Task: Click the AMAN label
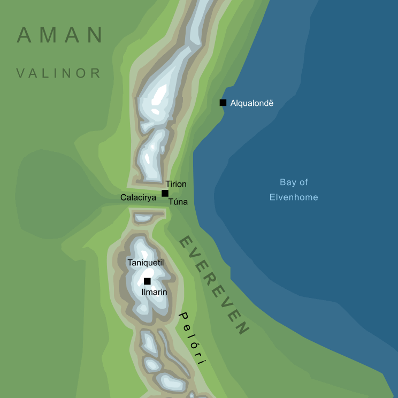(60, 35)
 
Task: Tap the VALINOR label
(59, 73)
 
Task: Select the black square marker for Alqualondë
(223, 103)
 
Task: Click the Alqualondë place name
(252, 103)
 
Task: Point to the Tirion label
(176, 184)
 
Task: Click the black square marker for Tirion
(165, 193)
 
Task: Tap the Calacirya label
(138, 197)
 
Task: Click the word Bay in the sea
(287, 182)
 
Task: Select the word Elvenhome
(294, 197)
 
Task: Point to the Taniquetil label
(145, 263)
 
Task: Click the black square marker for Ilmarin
(147, 281)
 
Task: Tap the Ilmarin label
(154, 292)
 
